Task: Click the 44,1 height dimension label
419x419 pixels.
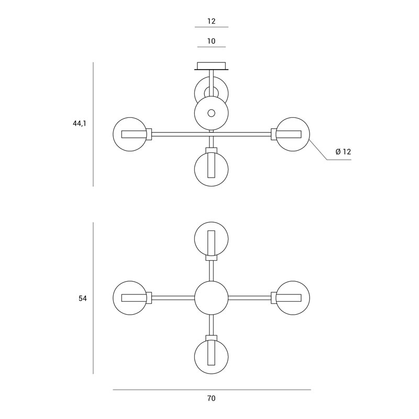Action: pos(80,124)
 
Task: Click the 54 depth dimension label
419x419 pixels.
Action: pos(83,299)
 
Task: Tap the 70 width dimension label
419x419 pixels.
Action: pos(211,399)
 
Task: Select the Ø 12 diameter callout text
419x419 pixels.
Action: pos(343,152)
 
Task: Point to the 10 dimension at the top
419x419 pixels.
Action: pos(211,41)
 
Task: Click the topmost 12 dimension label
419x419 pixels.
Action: pos(211,21)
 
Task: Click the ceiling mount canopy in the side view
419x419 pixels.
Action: pos(212,67)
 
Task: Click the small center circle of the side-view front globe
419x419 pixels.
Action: pos(212,113)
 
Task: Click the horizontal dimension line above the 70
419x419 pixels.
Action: pos(212,390)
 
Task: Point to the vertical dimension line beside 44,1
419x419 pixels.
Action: pos(93,124)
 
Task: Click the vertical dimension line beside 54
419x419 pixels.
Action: pos(93,298)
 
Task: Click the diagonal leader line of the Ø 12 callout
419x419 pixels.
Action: pos(318,150)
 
